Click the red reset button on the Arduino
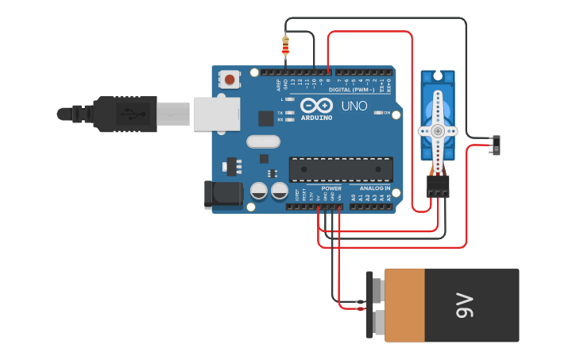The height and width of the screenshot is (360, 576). pyautogui.click(x=230, y=79)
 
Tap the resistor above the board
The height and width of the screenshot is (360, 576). pyautogui.click(x=286, y=46)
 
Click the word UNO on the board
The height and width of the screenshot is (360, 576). pyautogui.click(x=354, y=106)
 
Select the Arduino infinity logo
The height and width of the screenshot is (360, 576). pyautogui.click(x=316, y=106)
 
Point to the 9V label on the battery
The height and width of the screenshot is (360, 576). pyautogui.click(x=465, y=305)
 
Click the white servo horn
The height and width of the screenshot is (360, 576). pyautogui.click(x=438, y=130)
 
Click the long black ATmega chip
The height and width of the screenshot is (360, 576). pyautogui.click(x=341, y=168)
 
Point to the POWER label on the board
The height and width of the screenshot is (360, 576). pyautogui.click(x=331, y=188)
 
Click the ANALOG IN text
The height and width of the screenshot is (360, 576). pyautogui.click(x=369, y=188)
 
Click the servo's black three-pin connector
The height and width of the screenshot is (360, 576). pyautogui.click(x=438, y=187)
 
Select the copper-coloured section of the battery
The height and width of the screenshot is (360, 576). pyautogui.click(x=404, y=305)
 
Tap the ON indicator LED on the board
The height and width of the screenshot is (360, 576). pyautogui.click(x=377, y=113)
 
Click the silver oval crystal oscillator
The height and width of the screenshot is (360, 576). pyautogui.click(x=264, y=142)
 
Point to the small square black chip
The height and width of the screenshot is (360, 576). pyautogui.click(x=266, y=118)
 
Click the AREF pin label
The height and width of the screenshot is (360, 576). pyautogui.click(x=279, y=84)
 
